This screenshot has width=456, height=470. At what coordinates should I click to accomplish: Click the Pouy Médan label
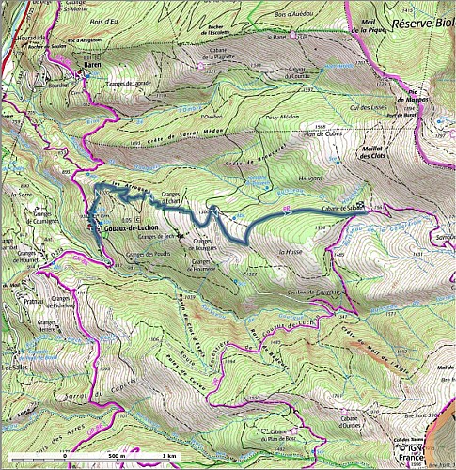279,117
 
